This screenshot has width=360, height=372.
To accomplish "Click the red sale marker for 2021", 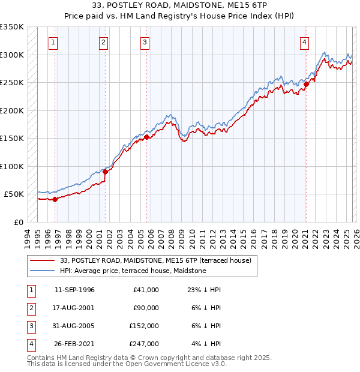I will click(305, 84).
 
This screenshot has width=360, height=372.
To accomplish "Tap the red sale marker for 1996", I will click(55, 199).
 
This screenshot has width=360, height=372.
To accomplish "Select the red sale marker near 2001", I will click(105, 172).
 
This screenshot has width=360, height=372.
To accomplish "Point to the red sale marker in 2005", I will click(146, 137).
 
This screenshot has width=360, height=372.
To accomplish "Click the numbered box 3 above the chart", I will click(145, 42).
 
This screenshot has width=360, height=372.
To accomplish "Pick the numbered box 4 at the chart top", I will click(305, 42).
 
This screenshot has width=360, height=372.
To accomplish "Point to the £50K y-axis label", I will click(14, 194).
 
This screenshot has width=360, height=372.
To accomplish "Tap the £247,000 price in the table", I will click(144, 344).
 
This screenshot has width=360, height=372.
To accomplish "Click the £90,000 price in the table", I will click(146, 308).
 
